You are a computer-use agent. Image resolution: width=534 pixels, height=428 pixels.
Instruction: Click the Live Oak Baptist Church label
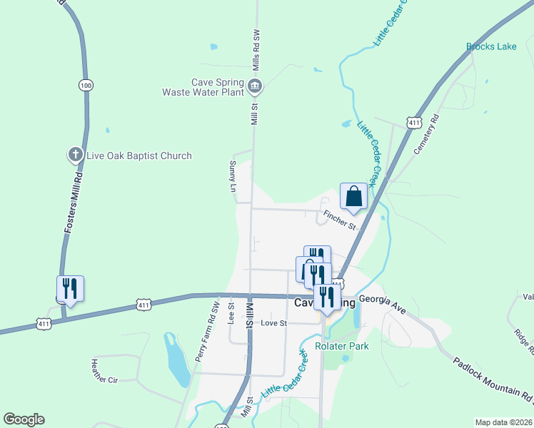tap(139, 156)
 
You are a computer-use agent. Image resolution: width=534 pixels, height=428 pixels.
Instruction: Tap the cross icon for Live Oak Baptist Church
tap(76, 155)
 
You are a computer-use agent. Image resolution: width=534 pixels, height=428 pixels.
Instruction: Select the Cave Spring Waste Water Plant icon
tap(255, 88)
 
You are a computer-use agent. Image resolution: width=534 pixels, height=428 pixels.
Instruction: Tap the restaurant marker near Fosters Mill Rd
tap(70, 289)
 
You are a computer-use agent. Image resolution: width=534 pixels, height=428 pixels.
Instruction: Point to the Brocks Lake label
tap(491, 47)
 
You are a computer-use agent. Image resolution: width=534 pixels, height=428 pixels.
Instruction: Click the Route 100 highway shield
tap(86, 86)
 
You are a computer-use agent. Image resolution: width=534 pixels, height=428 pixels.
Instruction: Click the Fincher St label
tap(339, 221)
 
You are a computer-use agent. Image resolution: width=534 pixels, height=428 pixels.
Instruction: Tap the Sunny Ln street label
tap(233, 177)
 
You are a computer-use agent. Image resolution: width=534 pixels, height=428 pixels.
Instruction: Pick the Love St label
tap(273, 323)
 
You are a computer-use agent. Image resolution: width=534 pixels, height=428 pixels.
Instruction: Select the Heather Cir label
tap(104, 370)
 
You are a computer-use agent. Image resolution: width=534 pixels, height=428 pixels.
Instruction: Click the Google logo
tap(24, 419)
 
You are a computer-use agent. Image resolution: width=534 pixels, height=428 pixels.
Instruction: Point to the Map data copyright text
tap(504, 422)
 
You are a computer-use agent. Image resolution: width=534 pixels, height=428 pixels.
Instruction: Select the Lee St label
tap(231, 312)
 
